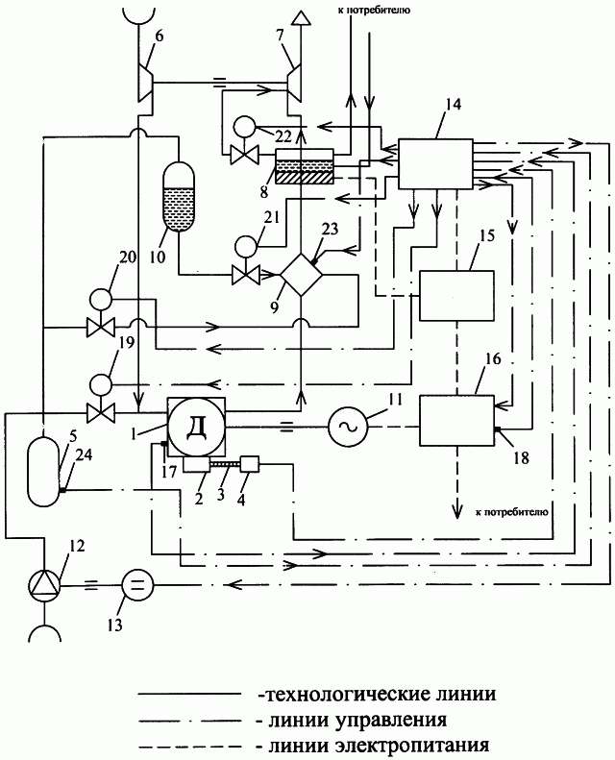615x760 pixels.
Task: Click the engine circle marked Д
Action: coord(196,427)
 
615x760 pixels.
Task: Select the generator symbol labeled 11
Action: coord(348,426)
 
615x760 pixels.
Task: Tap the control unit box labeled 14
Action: coord(435,164)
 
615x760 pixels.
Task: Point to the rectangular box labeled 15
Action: coord(456,296)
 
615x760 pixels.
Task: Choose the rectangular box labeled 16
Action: coord(456,420)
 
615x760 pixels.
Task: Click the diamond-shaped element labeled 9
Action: coord(302,275)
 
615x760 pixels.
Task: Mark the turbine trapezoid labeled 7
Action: coord(295,84)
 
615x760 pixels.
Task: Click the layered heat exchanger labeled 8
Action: coord(305,166)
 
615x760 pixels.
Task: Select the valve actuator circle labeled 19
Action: coord(100,384)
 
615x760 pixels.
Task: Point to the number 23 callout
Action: coord(330,229)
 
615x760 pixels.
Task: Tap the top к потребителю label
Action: coord(373,10)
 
